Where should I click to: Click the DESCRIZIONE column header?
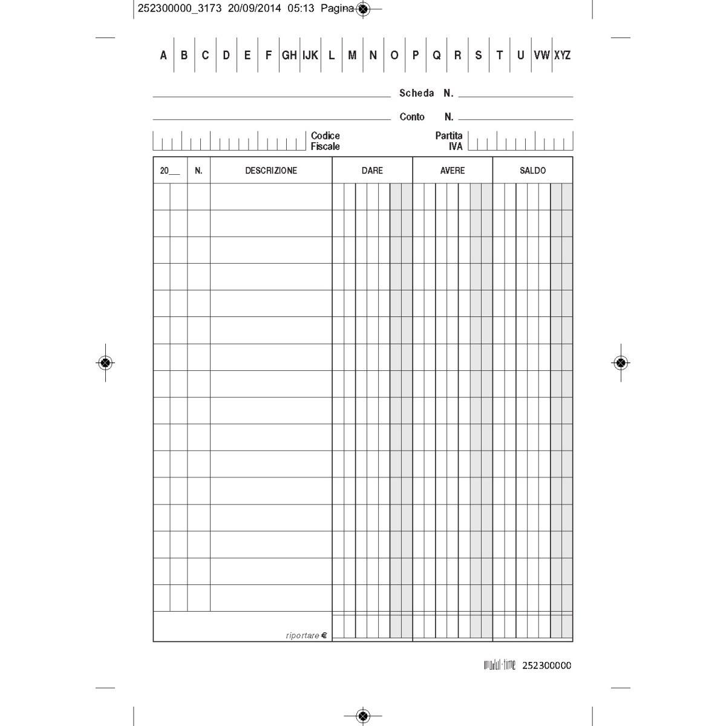pos(271,171)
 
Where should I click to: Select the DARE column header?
pos(372,171)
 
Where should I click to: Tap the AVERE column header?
pos(453,171)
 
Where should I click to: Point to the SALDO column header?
pos(532,171)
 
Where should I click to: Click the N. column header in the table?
pos(198,171)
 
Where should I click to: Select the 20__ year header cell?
pos(169,171)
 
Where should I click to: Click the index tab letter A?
pos(163,55)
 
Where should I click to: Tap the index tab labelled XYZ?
pos(562,55)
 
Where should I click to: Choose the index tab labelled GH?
pos(289,55)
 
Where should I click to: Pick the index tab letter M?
pos(352,55)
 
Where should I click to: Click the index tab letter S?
pos(479,55)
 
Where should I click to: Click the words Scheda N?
pos(426,93)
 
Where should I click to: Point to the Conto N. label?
pos(426,117)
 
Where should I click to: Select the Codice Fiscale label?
pos(325,141)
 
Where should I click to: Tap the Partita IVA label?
pos(449,141)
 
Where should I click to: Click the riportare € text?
pos(306,635)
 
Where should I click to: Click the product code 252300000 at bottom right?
pos(546,665)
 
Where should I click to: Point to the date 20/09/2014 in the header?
pos(254,8)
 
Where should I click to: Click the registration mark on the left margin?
pos(105,362)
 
